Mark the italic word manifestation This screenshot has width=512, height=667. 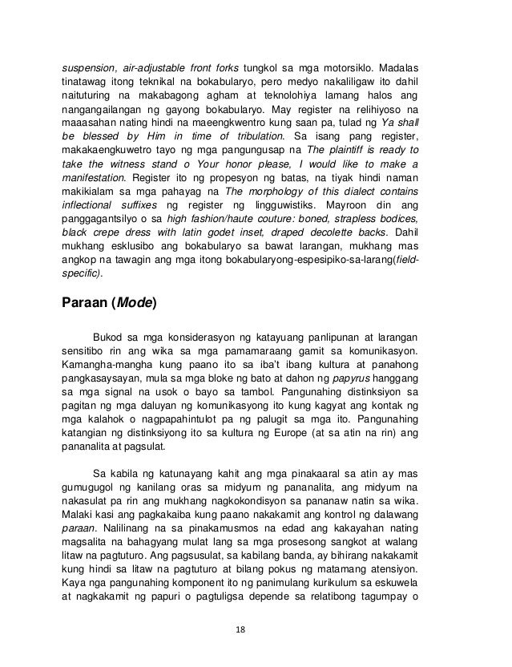pyautogui.click(x=93, y=181)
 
